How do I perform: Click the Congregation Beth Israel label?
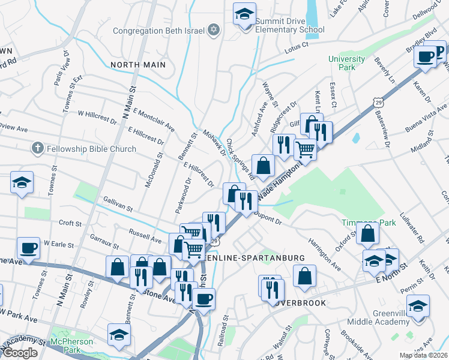[x=159, y=30]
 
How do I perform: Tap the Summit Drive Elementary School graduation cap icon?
[x=244, y=14]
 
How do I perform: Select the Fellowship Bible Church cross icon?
[x=37, y=148]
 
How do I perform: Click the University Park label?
[x=346, y=63]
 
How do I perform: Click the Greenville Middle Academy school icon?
[x=418, y=306]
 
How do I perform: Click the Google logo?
[x=20, y=353]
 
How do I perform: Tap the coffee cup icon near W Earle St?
[x=28, y=247]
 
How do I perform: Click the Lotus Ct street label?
[x=296, y=45]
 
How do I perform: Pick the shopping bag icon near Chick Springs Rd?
[x=264, y=165]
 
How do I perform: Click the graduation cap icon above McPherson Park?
[x=119, y=335]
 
